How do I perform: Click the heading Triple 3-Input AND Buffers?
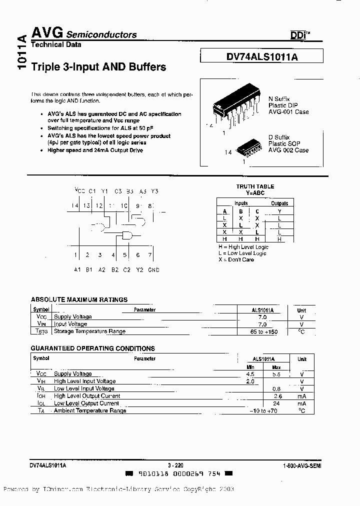[98, 66]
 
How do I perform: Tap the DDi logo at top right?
[300, 35]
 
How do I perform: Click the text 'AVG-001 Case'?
[288, 112]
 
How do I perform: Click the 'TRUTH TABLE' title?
[255, 186]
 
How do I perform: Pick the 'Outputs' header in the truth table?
[279, 203]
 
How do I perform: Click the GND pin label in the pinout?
[153, 269]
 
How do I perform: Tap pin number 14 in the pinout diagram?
[75, 205]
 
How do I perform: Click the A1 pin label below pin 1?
[77, 269]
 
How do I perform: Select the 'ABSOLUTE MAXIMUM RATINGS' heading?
[79, 299]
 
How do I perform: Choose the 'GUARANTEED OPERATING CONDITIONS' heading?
[93, 348]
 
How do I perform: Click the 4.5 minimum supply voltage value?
[250, 374]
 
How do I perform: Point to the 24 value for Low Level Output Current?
[276, 403]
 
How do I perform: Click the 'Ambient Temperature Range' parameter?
[90, 410]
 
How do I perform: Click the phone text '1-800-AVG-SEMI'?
[302, 465]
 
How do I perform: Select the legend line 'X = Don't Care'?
[235, 259]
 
